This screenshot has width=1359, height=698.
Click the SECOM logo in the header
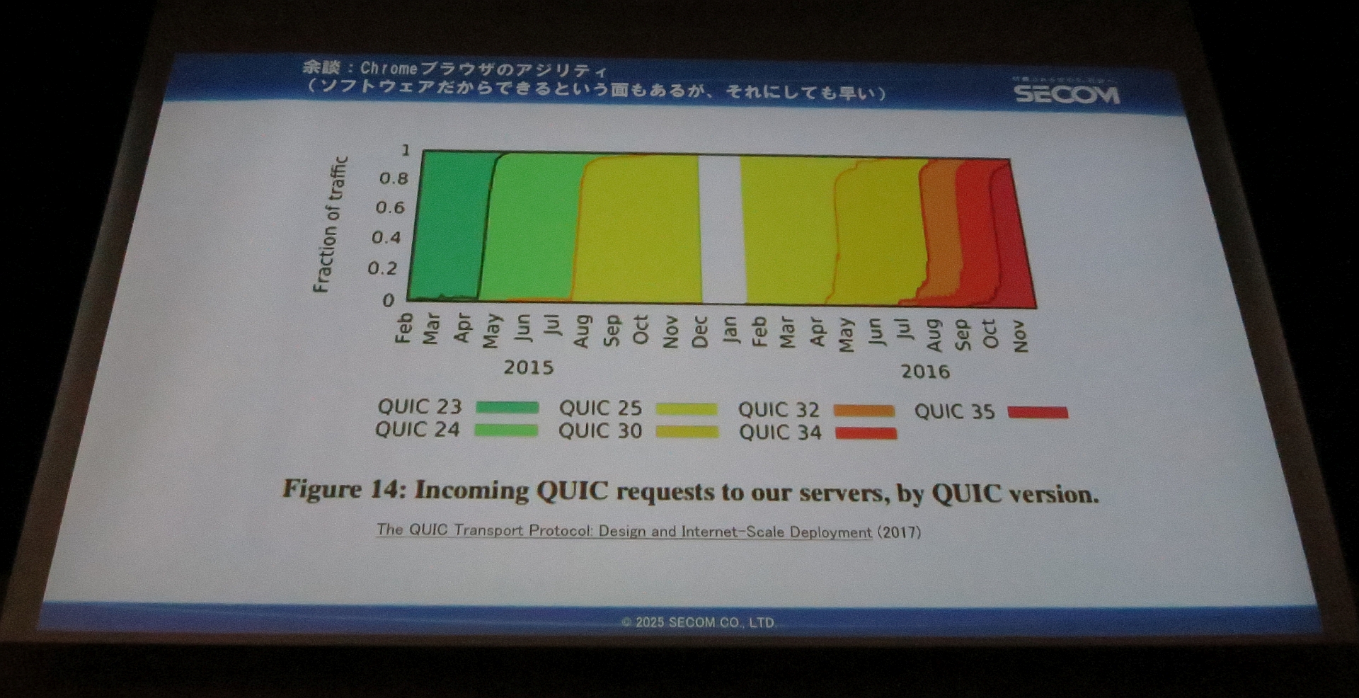[1067, 93]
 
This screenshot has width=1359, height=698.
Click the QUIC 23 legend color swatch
[507, 407]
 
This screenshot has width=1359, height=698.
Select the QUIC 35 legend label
[954, 411]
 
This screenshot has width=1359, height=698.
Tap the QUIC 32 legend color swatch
[864, 411]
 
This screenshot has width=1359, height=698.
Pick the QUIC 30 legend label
[600, 431]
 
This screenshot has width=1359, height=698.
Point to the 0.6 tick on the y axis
[390, 207]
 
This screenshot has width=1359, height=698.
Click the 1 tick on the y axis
[406, 150]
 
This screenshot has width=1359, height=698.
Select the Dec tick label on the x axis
[700, 332]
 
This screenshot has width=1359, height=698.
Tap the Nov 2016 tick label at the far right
[1019, 336]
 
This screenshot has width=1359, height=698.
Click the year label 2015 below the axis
[528, 367]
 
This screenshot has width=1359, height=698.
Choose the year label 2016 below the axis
[925, 372]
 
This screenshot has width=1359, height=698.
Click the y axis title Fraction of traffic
[331, 224]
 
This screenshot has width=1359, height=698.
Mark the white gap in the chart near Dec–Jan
[721, 229]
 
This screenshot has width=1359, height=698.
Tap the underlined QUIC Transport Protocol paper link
[624, 531]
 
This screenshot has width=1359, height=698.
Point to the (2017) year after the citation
[899, 532]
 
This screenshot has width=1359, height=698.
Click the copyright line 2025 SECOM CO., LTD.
[698, 622]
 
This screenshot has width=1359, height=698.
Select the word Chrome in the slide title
[389, 69]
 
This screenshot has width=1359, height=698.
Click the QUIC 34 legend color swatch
[866, 433]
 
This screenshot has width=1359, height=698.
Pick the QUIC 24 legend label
[417, 430]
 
